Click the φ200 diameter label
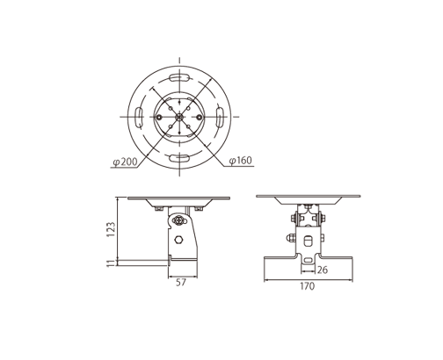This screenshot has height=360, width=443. (x=126, y=162)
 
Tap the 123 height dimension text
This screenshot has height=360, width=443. (x=112, y=229)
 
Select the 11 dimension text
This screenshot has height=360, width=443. (x=112, y=262)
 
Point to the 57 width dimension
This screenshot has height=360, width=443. (x=181, y=284)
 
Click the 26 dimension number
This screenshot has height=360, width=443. (x=323, y=270)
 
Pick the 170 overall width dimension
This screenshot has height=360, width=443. (x=308, y=285)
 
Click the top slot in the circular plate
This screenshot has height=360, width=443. (x=179, y=79)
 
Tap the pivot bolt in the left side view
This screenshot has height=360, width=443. (x=180, y=220)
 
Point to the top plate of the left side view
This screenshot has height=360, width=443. (x=178, y=198)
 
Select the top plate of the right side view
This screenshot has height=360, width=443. (x=309, y=196)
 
